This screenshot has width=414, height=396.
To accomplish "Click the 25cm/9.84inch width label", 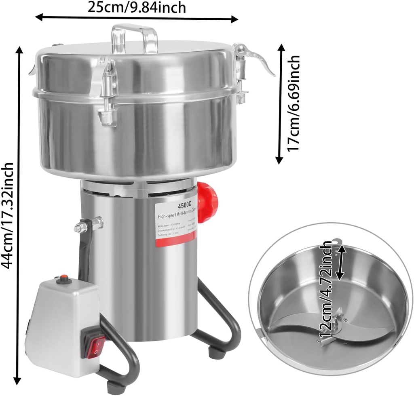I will [x=137, y=7].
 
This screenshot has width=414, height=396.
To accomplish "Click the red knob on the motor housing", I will [x=208, y=202].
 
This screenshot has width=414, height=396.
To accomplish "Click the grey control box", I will [x=61, y=319].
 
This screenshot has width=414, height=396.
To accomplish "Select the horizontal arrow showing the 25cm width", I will [x=137, y=18].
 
